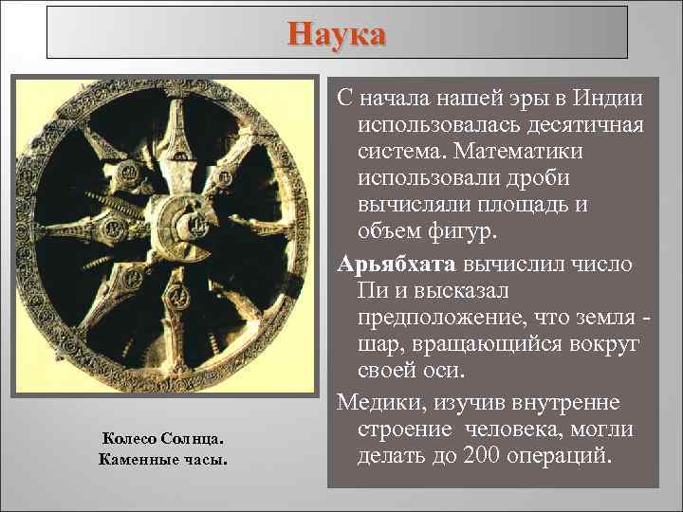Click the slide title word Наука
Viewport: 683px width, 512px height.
click(338, 35)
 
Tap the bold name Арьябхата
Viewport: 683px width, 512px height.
click(390, 263)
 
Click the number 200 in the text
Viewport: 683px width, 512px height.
click(485, 456)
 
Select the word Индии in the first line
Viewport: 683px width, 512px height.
click(607, 99)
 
